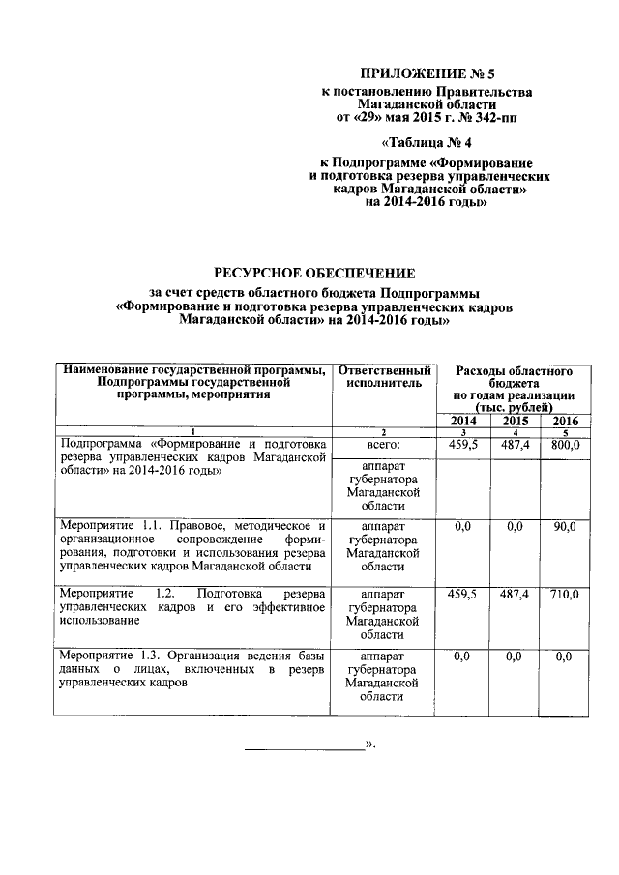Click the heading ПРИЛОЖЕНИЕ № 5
427,72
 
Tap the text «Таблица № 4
426,144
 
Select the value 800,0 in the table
563,446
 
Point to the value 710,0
563,594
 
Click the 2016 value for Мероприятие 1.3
564,656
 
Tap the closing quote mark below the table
369,745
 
